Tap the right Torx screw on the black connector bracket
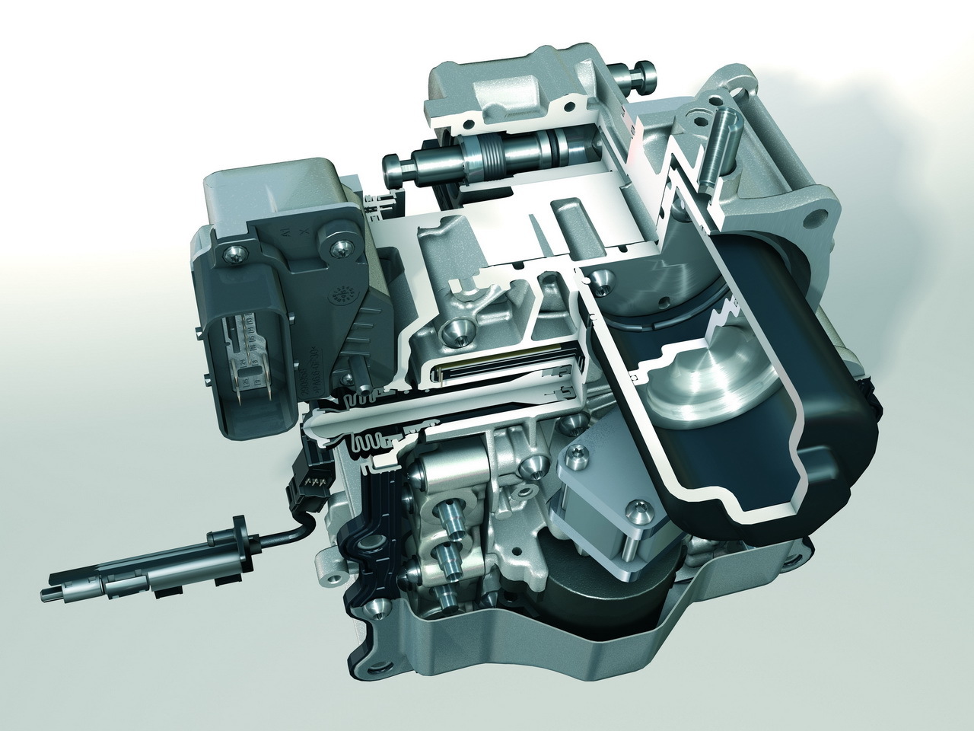(x=338, y=245)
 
